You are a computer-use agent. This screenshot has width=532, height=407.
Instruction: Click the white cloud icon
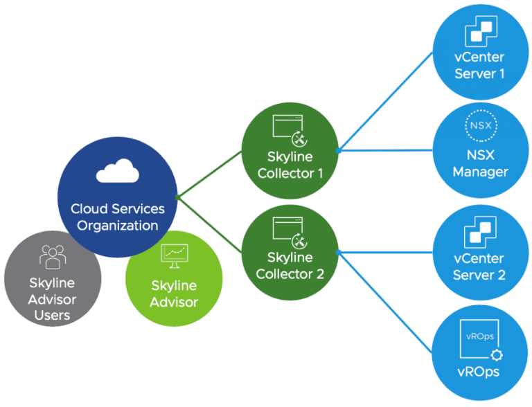coord(117,170)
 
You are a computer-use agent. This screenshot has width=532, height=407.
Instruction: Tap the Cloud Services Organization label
coord(117,217)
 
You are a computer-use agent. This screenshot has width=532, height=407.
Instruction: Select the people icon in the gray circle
coord(53,257)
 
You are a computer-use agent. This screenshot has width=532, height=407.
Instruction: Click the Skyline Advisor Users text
coord(53,299)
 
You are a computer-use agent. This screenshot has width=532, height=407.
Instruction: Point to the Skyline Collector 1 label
coord(290,165)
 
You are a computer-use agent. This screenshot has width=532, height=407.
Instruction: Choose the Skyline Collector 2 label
coord(290,266)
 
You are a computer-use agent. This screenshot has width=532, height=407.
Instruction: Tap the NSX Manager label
coord(480,163)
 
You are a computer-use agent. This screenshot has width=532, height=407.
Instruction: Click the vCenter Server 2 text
coord(480,266)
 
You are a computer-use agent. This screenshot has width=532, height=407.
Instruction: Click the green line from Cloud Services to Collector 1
coord(210,174)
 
